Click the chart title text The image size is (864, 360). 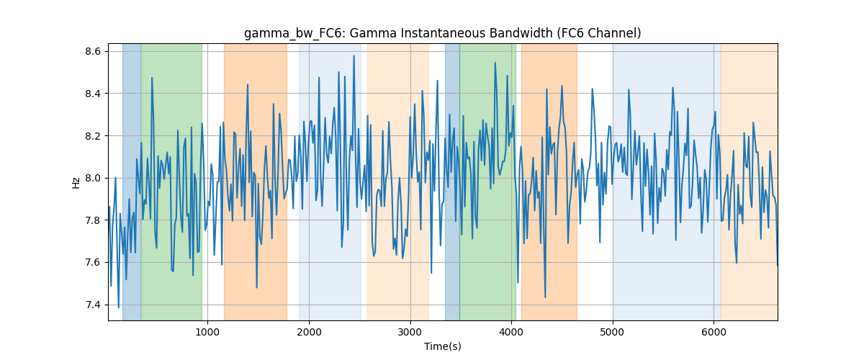[442, 33]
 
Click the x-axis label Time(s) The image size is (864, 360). [442, 346]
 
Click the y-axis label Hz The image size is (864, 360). [76, 182]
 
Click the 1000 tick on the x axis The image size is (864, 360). [207, 332]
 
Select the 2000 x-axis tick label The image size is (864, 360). [309, 332]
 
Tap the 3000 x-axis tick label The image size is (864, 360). [410, 332]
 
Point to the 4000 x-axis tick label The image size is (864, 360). [511, 332]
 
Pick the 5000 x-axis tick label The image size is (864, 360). [613, 332]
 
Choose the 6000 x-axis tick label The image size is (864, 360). [714, 332]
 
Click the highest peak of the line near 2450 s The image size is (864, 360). [354, 56]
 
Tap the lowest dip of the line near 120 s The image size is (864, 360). [118, 307]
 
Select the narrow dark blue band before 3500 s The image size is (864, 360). [452, 181]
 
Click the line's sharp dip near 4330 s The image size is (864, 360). [545, 297]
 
